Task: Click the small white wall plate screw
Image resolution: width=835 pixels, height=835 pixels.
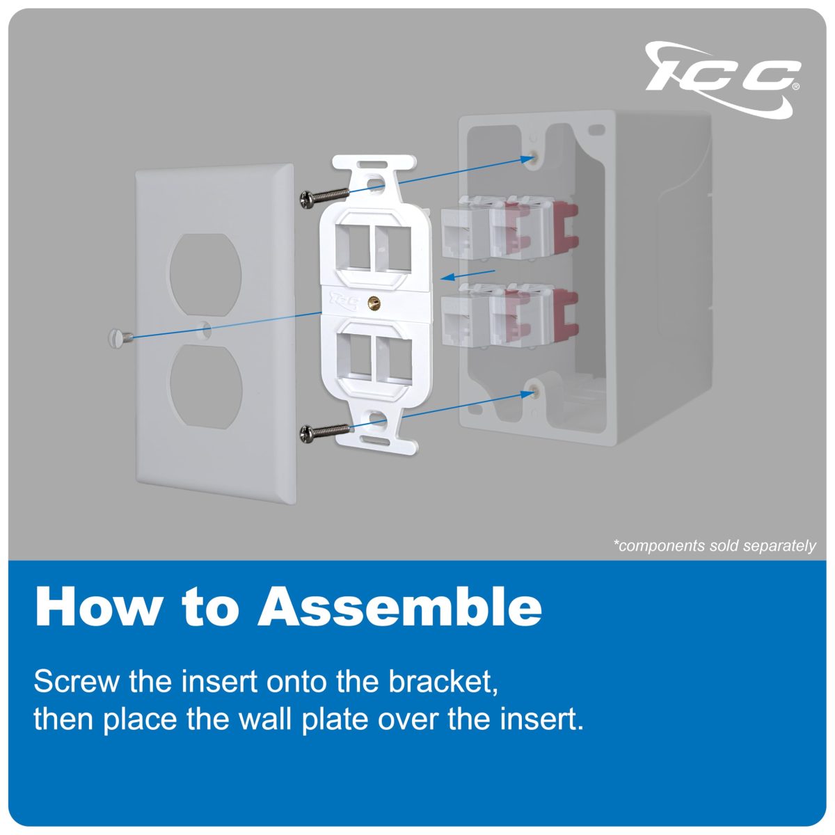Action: pos(119,337)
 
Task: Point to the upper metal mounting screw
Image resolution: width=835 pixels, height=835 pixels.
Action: pos(323,198)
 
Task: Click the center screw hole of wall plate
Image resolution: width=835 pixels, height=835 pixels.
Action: pos(207,331)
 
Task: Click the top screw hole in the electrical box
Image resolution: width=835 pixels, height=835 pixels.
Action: pos(532,158)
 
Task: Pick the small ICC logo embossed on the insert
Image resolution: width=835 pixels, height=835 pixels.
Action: pos(343,301)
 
